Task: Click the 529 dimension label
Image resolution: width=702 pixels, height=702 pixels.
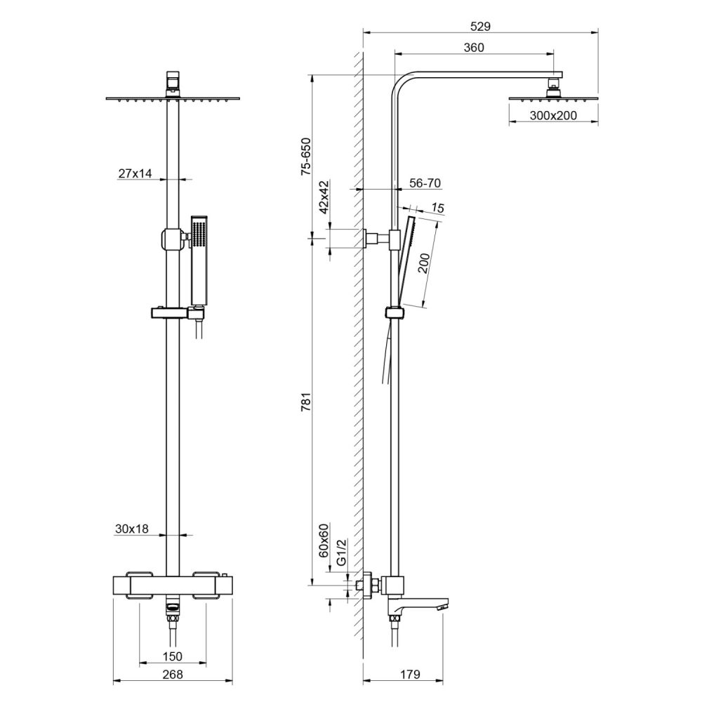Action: (x=479, y=27)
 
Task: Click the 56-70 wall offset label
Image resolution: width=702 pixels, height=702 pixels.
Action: (x=424, y=183)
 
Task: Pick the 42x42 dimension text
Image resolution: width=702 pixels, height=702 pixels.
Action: (x=324, y=197)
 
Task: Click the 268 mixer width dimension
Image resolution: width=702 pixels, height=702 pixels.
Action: (x=172, y=675)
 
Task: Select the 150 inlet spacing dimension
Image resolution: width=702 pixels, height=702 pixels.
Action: (x=173, y=656)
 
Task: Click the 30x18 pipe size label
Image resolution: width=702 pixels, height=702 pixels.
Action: (x=132, y=529)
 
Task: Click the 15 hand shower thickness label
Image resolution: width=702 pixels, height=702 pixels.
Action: (x=439, y=208)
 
